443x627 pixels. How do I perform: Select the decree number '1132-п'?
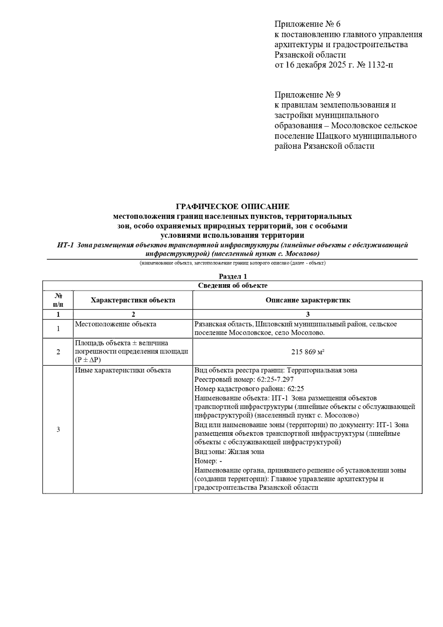tap(381, 65)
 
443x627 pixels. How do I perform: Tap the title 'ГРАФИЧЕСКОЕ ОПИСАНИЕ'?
tap(233, 206)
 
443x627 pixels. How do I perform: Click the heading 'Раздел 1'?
tap(233, 276)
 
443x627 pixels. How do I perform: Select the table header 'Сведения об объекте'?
tap(233, 285)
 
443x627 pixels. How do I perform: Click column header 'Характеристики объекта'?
tap(133, 300)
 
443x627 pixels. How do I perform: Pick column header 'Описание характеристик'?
tap(308, 300)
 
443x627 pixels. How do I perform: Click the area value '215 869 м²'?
tap(308, 352)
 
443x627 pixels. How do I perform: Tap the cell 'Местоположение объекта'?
tap(116, 324)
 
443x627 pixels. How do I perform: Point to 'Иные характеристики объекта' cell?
tap(123, 370)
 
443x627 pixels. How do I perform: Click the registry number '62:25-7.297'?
tap(275, 379)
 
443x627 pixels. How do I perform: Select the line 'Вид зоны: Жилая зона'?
tap(229, 452)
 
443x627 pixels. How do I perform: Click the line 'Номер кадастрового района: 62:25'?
tap(249, 389)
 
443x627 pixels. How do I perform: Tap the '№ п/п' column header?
tap(58, 300)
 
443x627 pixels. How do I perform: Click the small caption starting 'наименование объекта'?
tap(233, 263)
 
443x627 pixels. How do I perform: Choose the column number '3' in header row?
tap(308, 314)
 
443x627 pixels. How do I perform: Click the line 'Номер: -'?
tap(208, 461)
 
